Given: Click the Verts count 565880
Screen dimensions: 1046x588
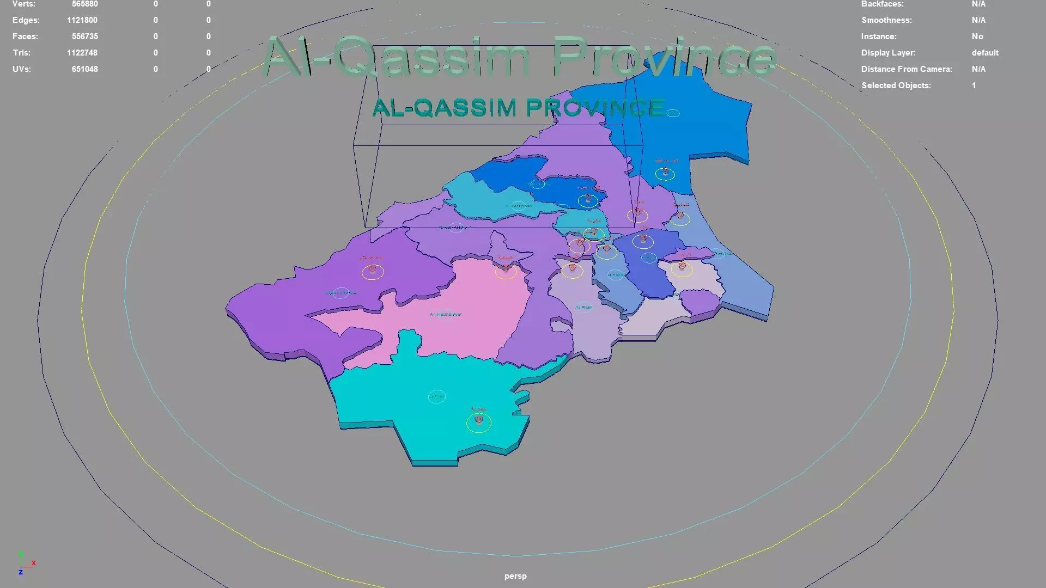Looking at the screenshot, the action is click(84, 4).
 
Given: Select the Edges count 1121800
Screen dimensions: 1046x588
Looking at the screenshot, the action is click(82, 20).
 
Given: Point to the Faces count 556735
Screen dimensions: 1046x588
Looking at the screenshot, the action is click(84, 36).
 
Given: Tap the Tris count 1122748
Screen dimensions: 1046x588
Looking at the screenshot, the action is click(82, 53).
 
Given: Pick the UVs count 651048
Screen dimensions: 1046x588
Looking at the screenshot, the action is click(84, 69).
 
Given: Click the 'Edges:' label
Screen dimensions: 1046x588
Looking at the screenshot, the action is click(26, 20).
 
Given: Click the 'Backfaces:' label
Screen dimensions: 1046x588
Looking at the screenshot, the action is click(882, 4).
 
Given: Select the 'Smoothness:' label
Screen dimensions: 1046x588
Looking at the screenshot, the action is click(886, 20).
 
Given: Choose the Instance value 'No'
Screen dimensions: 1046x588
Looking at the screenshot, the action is click(977, 36).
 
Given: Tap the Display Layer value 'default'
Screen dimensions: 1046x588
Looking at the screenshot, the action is click(985, 53).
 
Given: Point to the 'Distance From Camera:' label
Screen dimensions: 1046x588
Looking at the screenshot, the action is click(907, 69).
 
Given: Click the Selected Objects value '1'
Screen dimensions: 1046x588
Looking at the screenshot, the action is click(974, 85).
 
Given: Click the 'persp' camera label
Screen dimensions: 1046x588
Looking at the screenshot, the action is click(515, 576).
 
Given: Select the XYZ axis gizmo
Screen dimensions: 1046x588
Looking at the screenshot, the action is click(25, 564).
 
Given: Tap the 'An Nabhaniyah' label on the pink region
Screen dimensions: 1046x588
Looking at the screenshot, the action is click(446, 315).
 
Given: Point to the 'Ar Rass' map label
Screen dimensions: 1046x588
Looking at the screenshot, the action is click(583, 308).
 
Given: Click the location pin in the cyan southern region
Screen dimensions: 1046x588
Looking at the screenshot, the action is click(479, 420).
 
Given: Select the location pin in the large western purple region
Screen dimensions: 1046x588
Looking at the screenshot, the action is click(373, 269).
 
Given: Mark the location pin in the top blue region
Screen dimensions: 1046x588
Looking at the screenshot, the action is click(665, 172).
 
